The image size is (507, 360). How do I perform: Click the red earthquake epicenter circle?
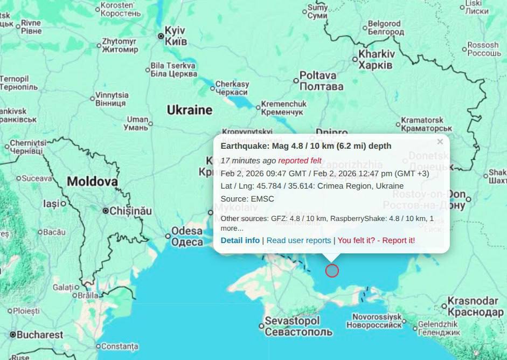click(x=332, y=271)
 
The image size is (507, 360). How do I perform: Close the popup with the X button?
click(x=440, y=142)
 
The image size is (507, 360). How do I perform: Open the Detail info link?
click(x=240, y=240)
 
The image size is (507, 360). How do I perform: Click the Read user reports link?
click(x=298, y=240)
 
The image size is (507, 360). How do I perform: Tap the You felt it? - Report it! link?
click(x=376, y=240)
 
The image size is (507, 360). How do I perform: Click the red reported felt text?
click(x=300, y=161)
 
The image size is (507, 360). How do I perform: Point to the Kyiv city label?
click(x=175, y=36)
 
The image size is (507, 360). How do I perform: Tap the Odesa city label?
click(x=187, y=237)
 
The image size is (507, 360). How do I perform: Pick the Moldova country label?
click(x=92, y=182)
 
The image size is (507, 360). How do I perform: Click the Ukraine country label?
click(x=189, y=110)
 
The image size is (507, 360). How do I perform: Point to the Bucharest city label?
click(x=40, y=335)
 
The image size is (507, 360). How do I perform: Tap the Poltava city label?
click(x=321, y=81)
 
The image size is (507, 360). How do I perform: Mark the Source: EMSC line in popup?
click(x=247, y=199)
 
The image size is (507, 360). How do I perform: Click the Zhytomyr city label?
click(x=120, y=45)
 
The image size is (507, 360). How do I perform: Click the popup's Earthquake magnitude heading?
click(x=306, y=146)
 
